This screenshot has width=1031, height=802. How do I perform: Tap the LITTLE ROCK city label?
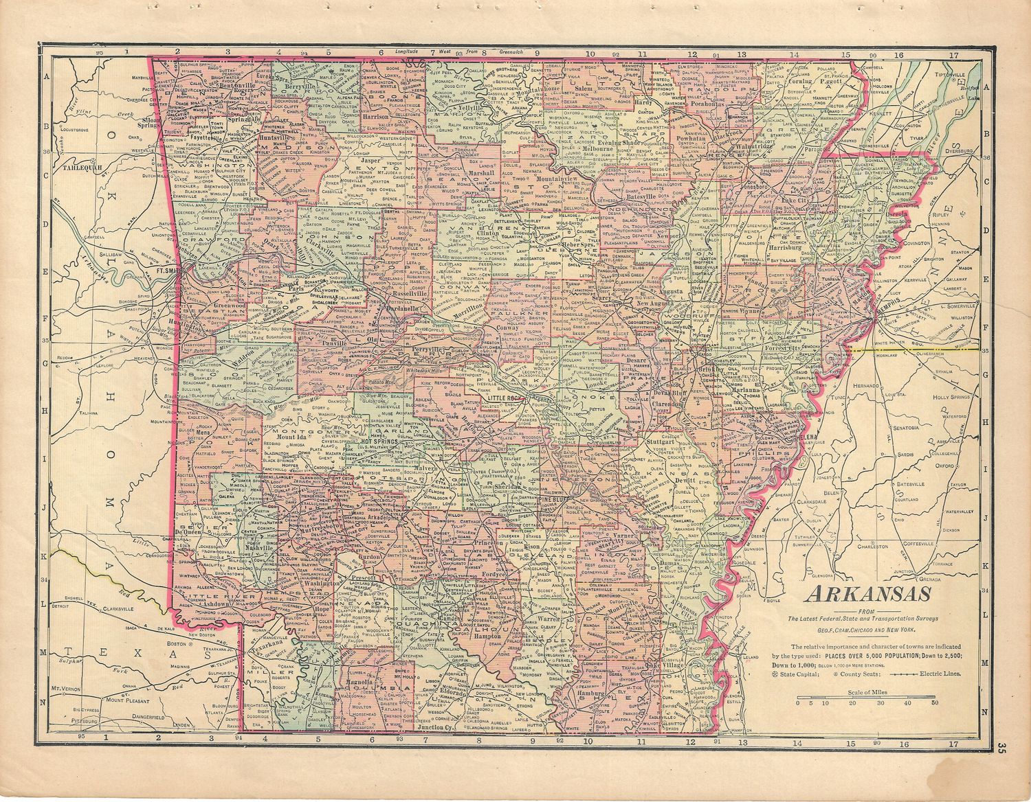[x=505, y=398]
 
